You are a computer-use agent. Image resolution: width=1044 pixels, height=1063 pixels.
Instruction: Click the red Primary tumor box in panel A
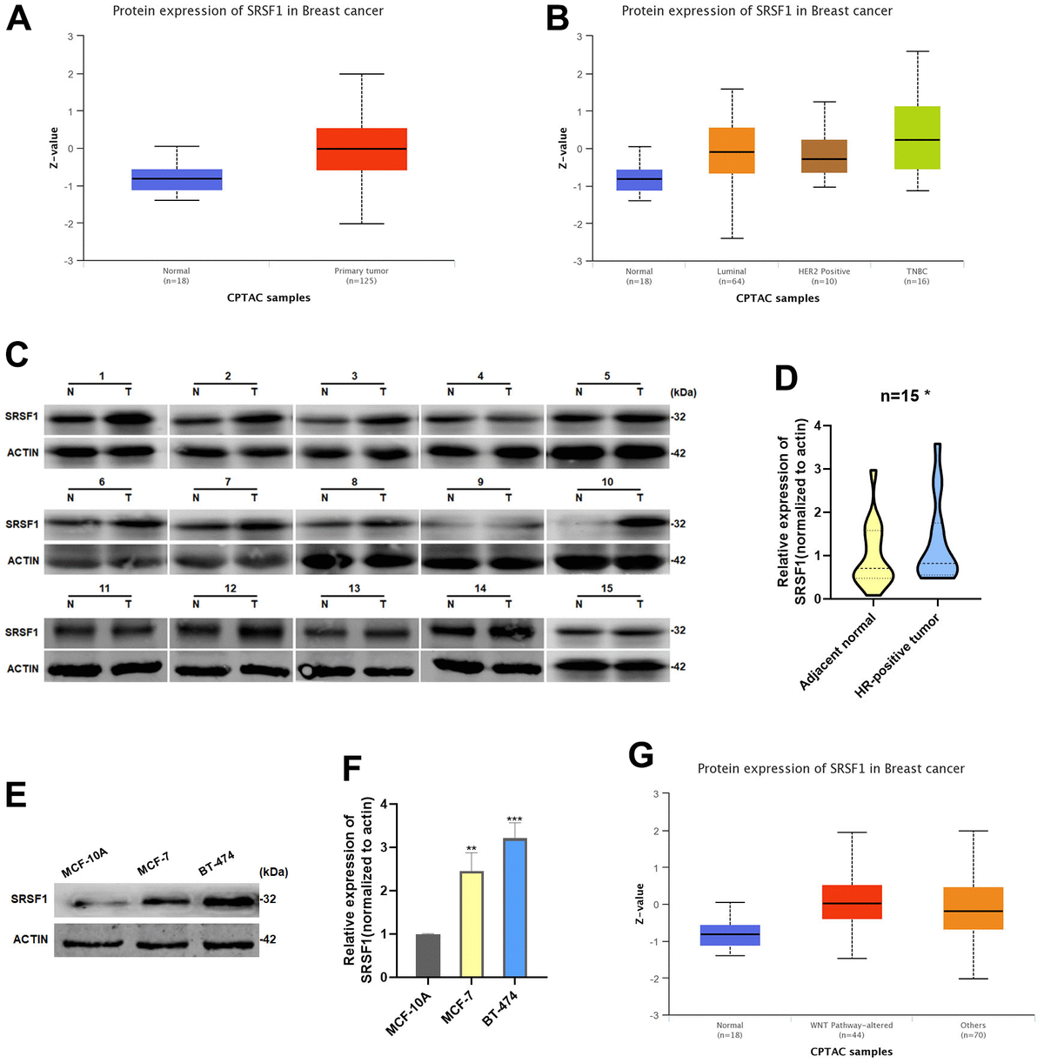tap(361, 149)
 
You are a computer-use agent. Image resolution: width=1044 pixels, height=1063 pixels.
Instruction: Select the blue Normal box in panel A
tap(177, 179)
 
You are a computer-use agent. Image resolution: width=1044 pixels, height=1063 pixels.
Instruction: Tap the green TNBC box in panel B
tap(917, 137)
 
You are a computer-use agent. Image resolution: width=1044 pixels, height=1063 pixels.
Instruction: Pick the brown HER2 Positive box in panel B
tap(824, 156)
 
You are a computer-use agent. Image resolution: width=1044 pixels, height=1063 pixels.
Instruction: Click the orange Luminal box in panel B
tap(732, 150)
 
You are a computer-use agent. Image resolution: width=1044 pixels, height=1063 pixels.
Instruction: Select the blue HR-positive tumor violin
tap(937, 548)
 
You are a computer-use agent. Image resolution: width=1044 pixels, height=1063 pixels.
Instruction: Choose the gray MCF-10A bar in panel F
tap(428, 955)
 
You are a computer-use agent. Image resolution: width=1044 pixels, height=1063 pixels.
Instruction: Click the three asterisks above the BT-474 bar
tap(514, 819)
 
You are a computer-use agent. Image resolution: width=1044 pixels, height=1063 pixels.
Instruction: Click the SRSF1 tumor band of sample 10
tap(639, 523)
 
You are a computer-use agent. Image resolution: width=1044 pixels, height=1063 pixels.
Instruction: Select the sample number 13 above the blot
tap(354, 589)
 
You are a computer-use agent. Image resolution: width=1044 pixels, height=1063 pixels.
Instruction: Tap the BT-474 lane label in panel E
tap(216, 864)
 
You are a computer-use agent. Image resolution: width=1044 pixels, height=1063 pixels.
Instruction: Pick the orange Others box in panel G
tap(973, 908)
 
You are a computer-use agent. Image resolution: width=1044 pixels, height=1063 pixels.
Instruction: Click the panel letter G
tap(640, 755)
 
